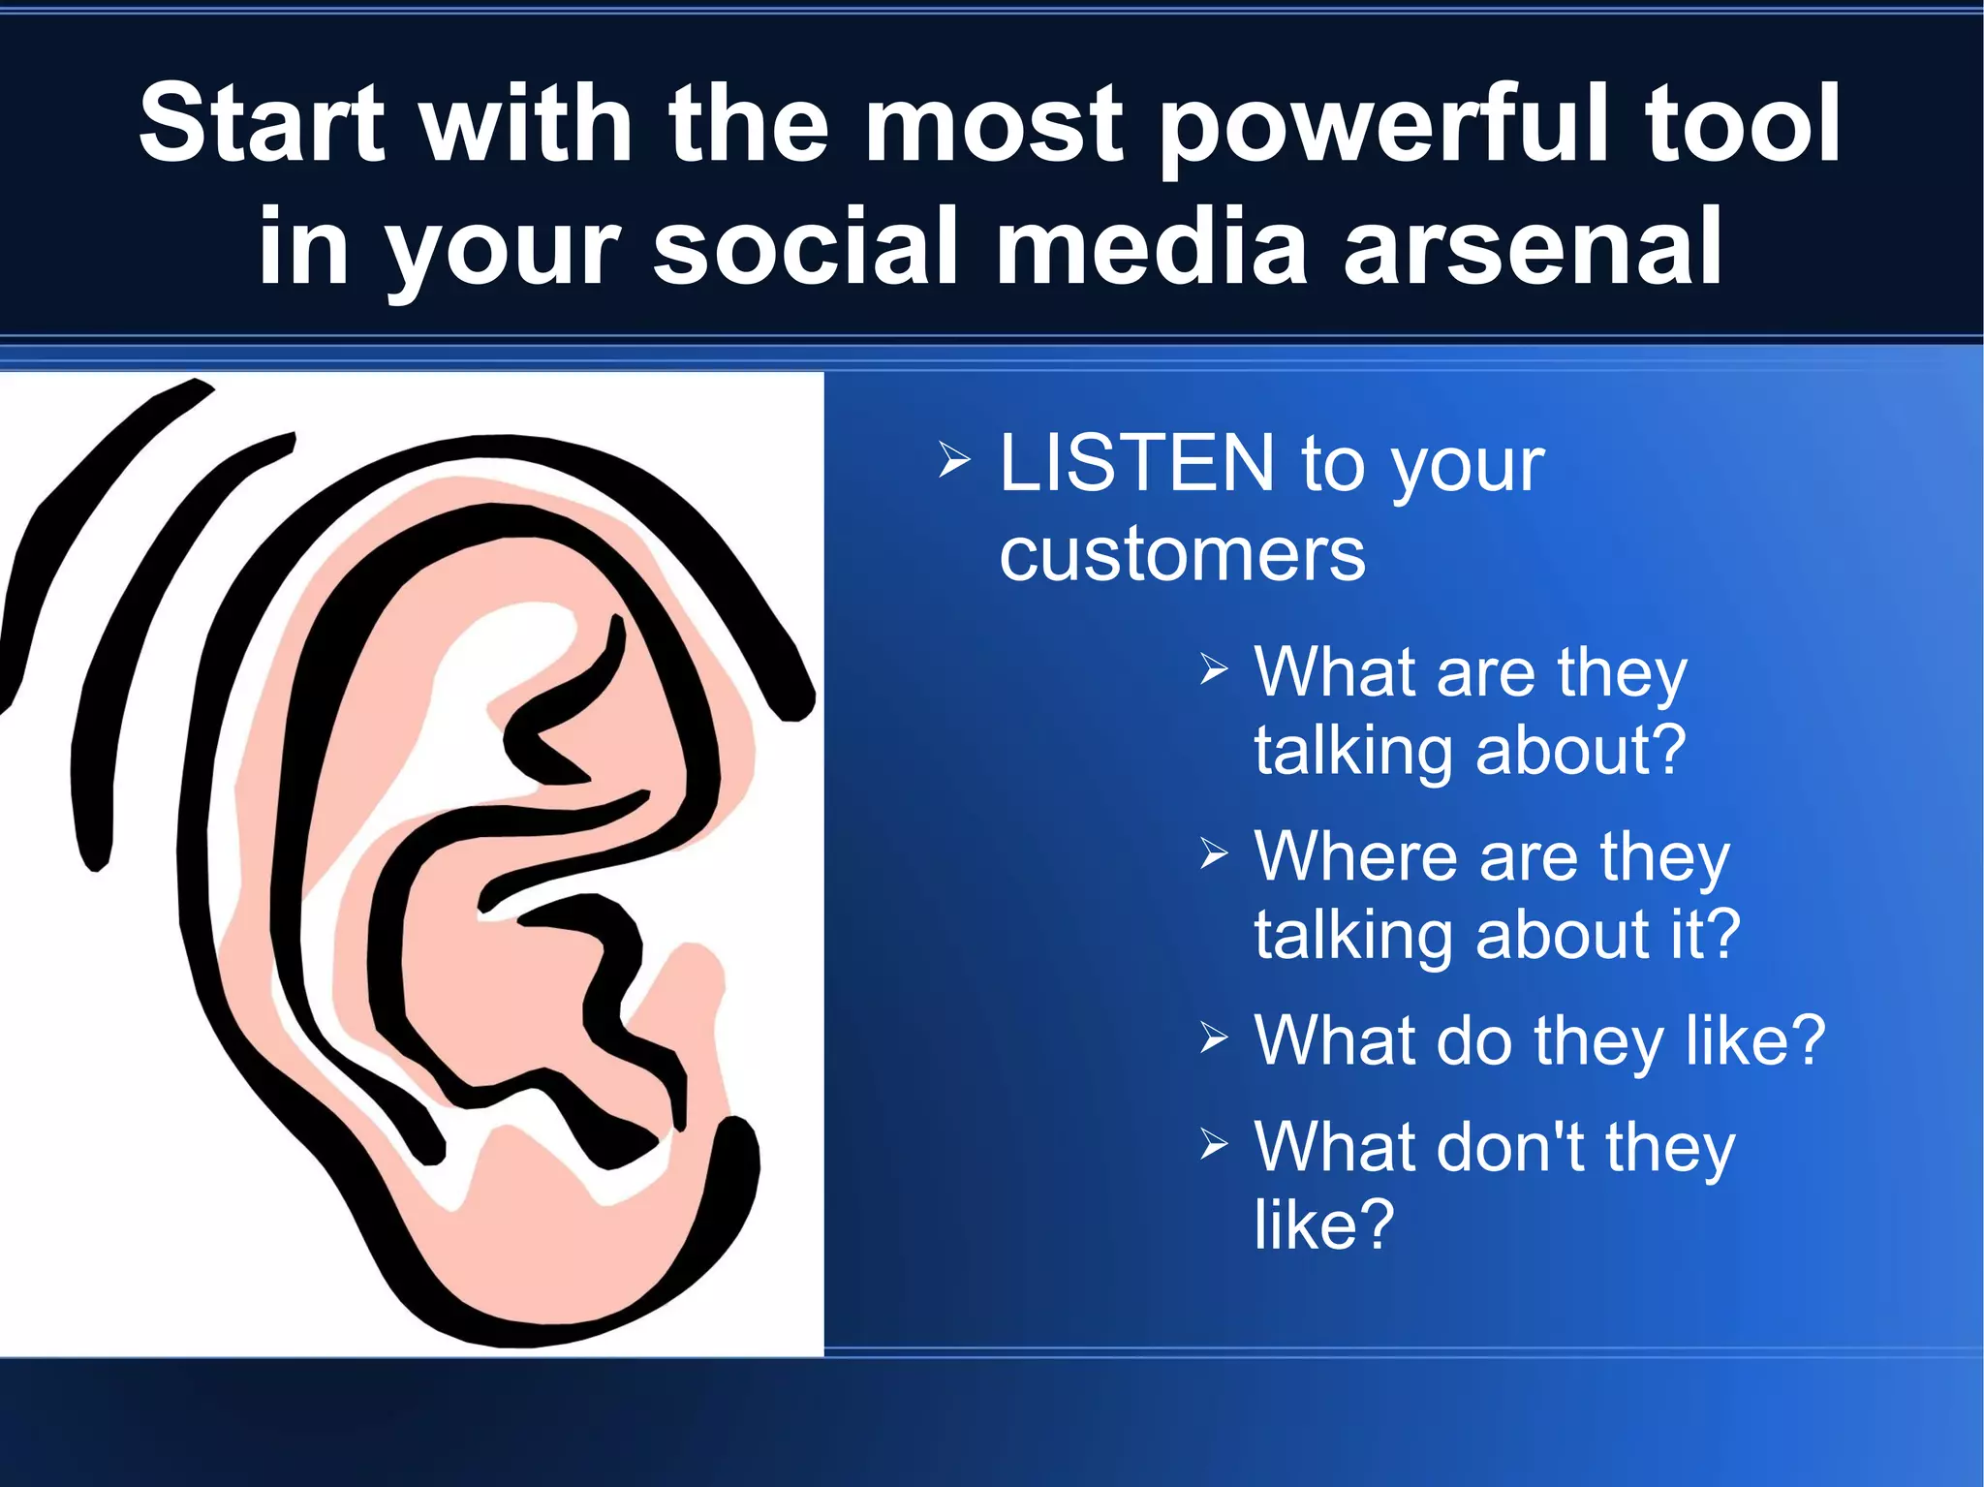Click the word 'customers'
pos(1182,554)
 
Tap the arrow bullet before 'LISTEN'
pos(953,461)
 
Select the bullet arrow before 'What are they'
pos(1213,668)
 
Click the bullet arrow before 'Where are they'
pos(1213,853)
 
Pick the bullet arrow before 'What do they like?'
pos(1213,1038)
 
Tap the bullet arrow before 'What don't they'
pos(1213,1144)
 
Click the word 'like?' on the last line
pos(1323,1224)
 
